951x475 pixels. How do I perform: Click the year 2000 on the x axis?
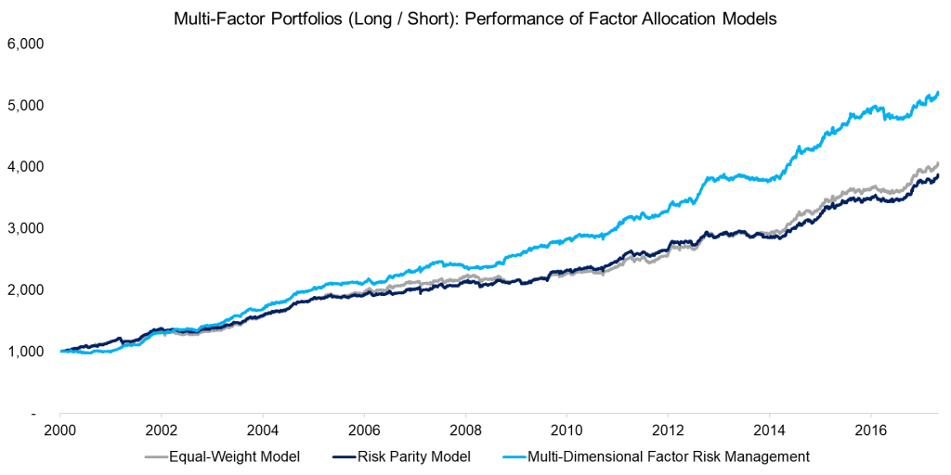point(60,431)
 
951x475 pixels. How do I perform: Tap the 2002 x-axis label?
point(162,431)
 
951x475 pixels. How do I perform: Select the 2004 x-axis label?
point(263,431)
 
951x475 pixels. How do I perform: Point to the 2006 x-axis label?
point(364,431)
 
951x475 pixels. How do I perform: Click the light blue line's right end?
point(938,93)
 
